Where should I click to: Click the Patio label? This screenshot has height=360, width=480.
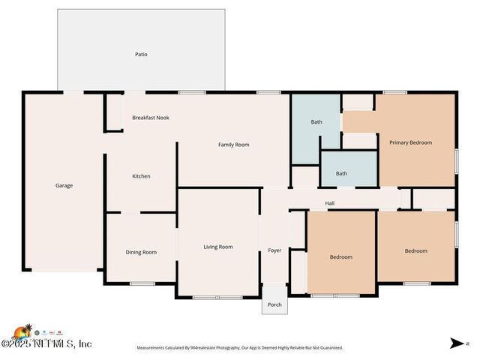click(x=141, y=54)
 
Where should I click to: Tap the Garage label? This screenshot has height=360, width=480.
click(x=64, y=185)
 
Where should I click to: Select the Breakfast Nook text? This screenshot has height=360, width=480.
click(x=150, y=118)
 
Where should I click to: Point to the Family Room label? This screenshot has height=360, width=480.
click(x=233, y=145)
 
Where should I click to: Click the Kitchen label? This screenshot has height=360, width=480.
click(x=141, y=176)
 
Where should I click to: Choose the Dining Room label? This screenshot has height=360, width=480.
click(x=141, y=252)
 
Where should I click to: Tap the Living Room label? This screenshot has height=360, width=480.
click(x=218, y=247)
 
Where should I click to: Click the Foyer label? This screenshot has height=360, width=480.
click(x=274, y=250)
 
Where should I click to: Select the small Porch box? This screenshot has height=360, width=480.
click(x=274, y=304)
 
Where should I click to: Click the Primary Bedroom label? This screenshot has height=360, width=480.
click(x=410, y=142)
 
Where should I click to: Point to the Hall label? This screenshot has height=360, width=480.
click(x=329, y=203)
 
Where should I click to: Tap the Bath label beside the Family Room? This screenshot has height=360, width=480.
click(x=316, y=122)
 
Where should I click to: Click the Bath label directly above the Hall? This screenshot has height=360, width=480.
click(x=341, y=173)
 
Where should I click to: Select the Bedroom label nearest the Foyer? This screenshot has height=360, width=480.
click(x=340, y=257)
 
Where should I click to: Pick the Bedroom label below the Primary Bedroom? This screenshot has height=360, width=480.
click(x=415, y=251)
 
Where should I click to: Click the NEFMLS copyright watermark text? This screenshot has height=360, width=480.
click(x=46, y=343)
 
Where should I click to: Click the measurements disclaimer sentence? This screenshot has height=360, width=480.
click(x=239, y=348)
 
